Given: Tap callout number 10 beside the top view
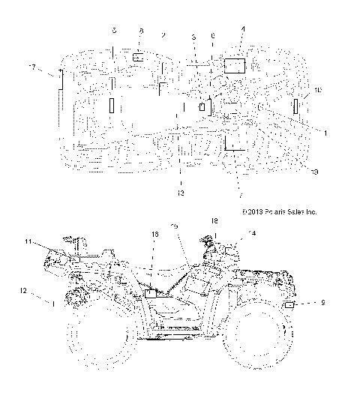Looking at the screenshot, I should [x=318, y=90].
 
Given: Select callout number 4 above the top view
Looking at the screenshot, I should [x=242, y=29].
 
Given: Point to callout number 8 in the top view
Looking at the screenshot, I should [x=141, y=31].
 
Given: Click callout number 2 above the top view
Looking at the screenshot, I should [x=163, y=34].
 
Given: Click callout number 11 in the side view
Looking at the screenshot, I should [x=28, y=241].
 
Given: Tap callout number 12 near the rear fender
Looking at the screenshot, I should [x=23, y=290].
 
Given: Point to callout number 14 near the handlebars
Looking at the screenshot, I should [x=251, y=234].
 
